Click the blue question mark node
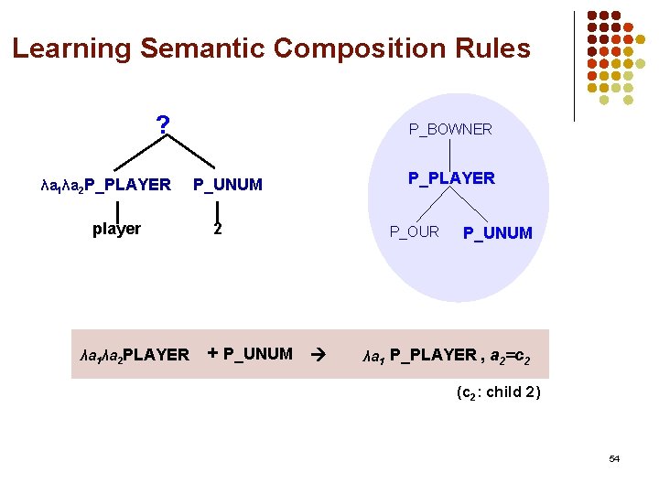pyautogui.click(x=163, y=124)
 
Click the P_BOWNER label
pyautogui.click(x=450, y=130)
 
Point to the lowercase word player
pyautogui.click(x=116, y=229)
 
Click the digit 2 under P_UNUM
pyautogui.click(x=217, y=229)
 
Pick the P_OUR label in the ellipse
pyautogui.click(x=415, y=231)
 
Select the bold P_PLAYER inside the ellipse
pyautogui.click(x=451, y=178)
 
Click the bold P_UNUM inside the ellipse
pyautogui.click(x=497, y=233)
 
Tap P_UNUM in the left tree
pyautogui.click(x=228, y=185)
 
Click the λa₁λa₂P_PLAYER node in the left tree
pyautogui.click(x=106, y=185)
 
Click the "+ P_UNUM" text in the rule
pyautogui.click(x=250, y=354)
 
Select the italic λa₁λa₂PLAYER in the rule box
pyautogui.click(x=135, y=355)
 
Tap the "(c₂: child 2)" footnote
pyautogui.click(x=498, y=392)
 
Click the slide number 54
pyautogui.click(x=614, y=458)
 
